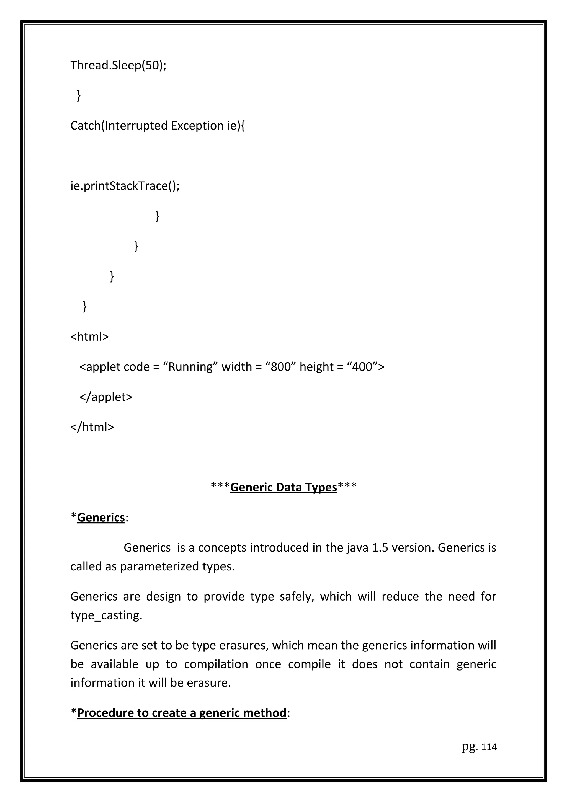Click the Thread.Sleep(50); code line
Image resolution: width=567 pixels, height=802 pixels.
(x=118, y=65)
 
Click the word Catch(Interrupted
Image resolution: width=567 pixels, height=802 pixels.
(x=119, y=126)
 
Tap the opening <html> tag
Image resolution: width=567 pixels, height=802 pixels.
(x=89, y=337)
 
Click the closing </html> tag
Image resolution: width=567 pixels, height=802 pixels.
(x=92, y=427)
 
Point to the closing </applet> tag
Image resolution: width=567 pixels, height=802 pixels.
(x=106, y=397)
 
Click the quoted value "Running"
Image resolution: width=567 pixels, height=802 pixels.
(x=190, y=367)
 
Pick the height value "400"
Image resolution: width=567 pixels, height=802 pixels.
(x=362, y=367)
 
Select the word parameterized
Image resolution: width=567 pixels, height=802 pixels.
(x=159, y=566)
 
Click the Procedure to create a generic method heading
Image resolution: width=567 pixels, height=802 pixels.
(x=181, y=713)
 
